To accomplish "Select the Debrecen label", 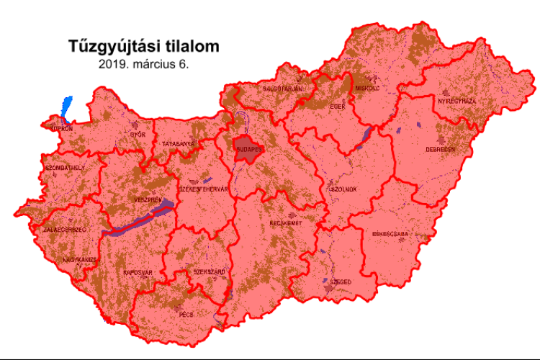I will pyautogui.click(x=440, y=150).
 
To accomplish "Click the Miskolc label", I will pyautogui.click(x=367, y=88).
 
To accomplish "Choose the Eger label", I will pyautogui.click(x=338, y=107).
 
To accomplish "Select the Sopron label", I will pyautogui.click(x=60, y=129).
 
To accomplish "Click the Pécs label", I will pyautogui.click(x=186, y=315).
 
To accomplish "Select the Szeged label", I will pyautogui.click(x=340, y=283).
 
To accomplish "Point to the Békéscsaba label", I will pyautogui.click(x=391, y=234).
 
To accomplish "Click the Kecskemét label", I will pyautogui.click(x=285, y=223).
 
